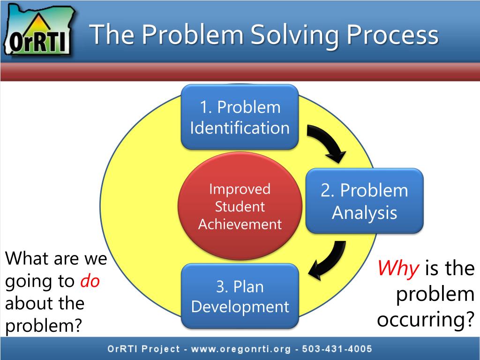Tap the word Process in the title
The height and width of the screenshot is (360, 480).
392,34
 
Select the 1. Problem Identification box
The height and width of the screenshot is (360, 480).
240,117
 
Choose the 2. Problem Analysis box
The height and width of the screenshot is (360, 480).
364,201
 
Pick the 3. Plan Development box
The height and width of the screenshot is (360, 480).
240,296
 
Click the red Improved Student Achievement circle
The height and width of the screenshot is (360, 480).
240,206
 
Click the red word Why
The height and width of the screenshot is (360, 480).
398,269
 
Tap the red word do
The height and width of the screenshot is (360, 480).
90,281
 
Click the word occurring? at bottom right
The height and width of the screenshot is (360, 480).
426,319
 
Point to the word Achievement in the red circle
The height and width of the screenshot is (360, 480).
240,224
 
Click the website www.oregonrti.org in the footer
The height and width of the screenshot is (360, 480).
240,349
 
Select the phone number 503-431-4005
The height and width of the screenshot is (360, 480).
337,349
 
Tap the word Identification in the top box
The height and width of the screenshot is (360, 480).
240,127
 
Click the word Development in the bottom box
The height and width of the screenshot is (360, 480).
240,307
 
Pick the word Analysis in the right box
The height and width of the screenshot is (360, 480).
364,213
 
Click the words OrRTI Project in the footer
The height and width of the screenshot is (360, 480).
143,349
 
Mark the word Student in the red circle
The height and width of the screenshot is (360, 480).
240,207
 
